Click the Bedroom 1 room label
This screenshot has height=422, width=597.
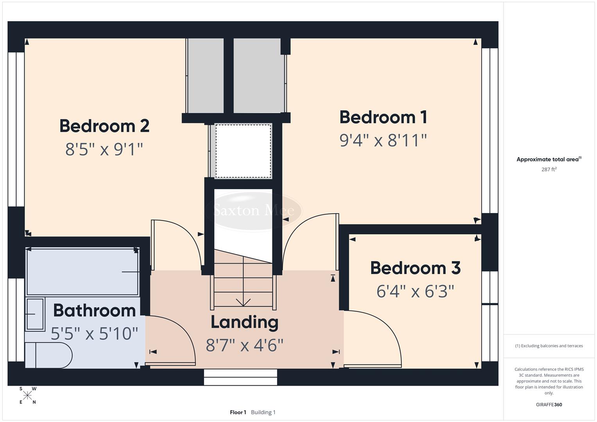pyautogui.click(x=383, y=117)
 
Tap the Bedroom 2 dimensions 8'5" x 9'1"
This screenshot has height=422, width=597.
pyautogui.click(x=104, y=149)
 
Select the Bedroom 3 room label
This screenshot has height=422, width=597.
pyautogui.click(x=415, y=268)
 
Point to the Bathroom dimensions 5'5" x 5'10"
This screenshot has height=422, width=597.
pyautogui.click(x=95, y=334)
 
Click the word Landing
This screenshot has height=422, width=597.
pyautogui.click(x=244, y=322)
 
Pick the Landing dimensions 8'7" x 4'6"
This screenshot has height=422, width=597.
pyautogui.click(x=244, y=345)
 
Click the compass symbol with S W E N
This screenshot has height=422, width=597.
pyautogui.click(x=27, y=395)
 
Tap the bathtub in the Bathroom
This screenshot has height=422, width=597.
pyautogui.click(x=82, y=272)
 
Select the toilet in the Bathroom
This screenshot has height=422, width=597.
pyautogui.click(x=49, y=355)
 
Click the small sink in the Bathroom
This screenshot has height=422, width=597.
pyautogui.click(x=35, y=314)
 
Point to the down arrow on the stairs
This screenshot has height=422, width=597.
pyautogui.click(x=243, y=302)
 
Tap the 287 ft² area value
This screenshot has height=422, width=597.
pyautogui.click(x=549, y=169)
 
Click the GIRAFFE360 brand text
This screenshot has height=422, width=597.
pyautogui.click(x=549, y=404)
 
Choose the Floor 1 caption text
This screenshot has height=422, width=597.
pyautogui.click(x=238, y=412)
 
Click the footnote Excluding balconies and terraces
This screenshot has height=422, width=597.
pyautogui.click(x=549, y=346)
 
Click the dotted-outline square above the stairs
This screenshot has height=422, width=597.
pyautogui.click(x=243, y=151)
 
